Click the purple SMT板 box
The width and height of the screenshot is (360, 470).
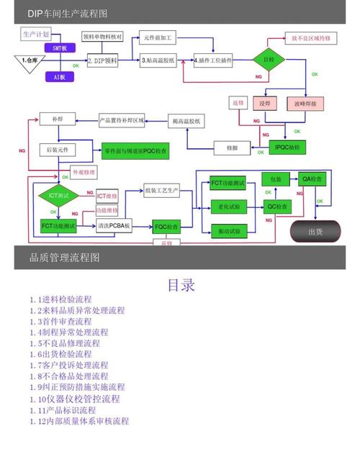click(60, 48)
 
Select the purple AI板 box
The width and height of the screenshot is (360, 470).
click(59, 76)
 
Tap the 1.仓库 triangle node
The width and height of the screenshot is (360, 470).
click(30, 61)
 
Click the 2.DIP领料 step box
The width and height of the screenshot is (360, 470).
click(102, 61)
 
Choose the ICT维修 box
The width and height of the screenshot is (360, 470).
click(107, 196)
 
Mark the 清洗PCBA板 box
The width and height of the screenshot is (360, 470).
click(114, 226)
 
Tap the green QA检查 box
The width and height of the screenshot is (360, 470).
click(312, 178)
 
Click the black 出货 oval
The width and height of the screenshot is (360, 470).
click(315, 231)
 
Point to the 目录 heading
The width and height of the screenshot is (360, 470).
click(181, 285)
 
